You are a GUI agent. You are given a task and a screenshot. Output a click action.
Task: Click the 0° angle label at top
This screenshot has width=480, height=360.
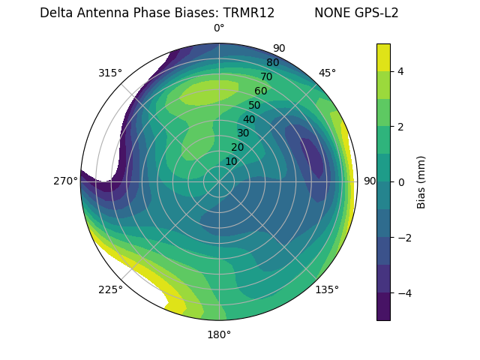click(219, 28)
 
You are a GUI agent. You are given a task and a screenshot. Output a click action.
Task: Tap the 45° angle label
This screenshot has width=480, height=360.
click(327, 73)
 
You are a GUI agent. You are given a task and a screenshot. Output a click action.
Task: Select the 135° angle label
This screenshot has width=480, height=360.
click(327, 289)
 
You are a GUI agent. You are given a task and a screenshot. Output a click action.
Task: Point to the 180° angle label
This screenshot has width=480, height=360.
click(219, 334)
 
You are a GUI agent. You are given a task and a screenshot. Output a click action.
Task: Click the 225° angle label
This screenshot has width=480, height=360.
click(110, 289)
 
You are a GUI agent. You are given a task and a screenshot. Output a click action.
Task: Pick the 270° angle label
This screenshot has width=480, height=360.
click(65, 181)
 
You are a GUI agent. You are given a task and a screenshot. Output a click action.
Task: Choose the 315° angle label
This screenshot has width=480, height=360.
click(110, 73)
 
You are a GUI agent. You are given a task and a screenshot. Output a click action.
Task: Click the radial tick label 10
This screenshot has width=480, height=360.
click(231, 161)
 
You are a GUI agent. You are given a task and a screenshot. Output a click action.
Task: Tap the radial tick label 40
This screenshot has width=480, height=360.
click(249, 119)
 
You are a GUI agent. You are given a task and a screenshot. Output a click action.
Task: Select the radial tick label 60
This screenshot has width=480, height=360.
click(260, 91)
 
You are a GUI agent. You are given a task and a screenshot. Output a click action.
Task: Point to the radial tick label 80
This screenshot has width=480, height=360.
click(272, 62)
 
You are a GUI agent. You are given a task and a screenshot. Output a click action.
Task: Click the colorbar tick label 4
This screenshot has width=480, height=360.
click(401, 71)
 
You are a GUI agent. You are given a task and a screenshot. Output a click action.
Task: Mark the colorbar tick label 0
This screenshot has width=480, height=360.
click(401, 181)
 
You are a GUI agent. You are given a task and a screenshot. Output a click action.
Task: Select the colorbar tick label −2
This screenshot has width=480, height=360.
click(404, 237)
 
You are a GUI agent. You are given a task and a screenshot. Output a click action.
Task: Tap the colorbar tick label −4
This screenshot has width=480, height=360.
click(404, 292)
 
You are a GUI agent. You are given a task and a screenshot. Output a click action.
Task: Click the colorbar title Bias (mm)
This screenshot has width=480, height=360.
click(421, 181)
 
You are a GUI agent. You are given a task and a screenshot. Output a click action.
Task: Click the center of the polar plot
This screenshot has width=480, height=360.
click(219, 181)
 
